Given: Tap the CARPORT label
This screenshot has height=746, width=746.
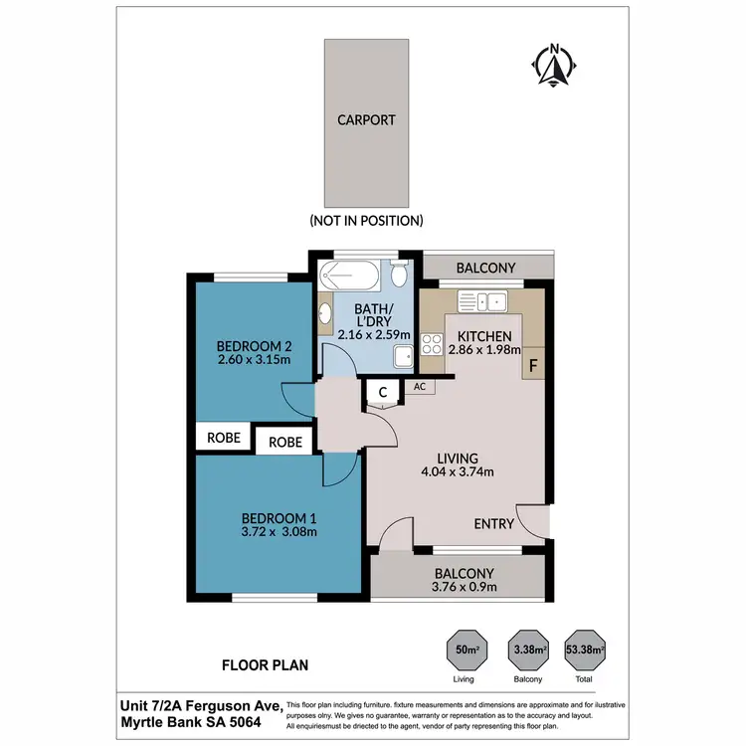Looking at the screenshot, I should pos(366,120).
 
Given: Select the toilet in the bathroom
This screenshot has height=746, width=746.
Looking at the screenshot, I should pos(399,273).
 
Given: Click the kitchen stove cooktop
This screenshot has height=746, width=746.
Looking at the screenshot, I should pos(433,344).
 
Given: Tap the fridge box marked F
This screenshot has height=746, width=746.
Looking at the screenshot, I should pos(533,365).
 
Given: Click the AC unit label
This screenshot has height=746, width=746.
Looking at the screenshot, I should pos(419,388).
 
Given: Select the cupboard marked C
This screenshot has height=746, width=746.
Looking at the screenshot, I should pos(382,394).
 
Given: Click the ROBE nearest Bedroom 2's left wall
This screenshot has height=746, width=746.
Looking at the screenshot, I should pos(224,437).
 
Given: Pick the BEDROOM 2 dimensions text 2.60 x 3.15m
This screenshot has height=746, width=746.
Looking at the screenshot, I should pos(253,360).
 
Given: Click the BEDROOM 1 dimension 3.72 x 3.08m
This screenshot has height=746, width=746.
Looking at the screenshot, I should pos(279,531).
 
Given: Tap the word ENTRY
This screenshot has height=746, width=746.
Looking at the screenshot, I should pos(494,524).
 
